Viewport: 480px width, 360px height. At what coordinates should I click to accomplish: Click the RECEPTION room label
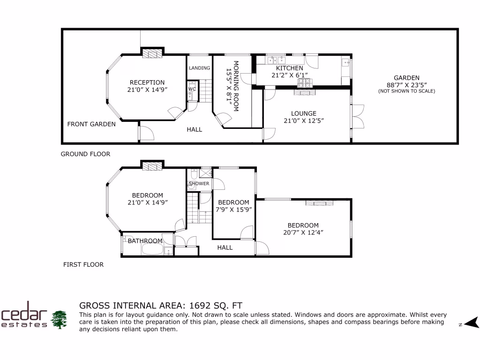coord(147,82)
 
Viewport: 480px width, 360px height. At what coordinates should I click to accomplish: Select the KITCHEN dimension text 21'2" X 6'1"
coord(289,75)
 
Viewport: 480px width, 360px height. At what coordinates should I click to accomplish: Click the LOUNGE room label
coord(303,113)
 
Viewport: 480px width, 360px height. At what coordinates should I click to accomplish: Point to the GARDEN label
coord(406,78)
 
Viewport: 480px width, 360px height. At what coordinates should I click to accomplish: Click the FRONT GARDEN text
coord(91,124)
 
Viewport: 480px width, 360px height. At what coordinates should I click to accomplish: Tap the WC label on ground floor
coord(192,89)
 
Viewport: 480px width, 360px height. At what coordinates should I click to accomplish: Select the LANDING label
coord(199,68)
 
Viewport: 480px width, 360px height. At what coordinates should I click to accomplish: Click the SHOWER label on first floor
coord(199,183)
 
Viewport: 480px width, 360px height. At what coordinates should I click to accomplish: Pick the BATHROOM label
coord(145,241)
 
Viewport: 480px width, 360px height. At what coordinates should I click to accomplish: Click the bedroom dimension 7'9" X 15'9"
coord(233,210)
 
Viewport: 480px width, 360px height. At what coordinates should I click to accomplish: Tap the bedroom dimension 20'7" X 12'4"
coord(303,232)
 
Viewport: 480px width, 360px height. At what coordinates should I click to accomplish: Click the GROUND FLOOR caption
coord(85,154)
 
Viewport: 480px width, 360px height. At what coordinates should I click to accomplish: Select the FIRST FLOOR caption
coord(83,264)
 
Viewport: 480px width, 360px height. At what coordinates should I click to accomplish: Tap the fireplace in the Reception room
coord(152,53)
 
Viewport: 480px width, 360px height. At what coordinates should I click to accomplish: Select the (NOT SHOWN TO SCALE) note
coord(406,91)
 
